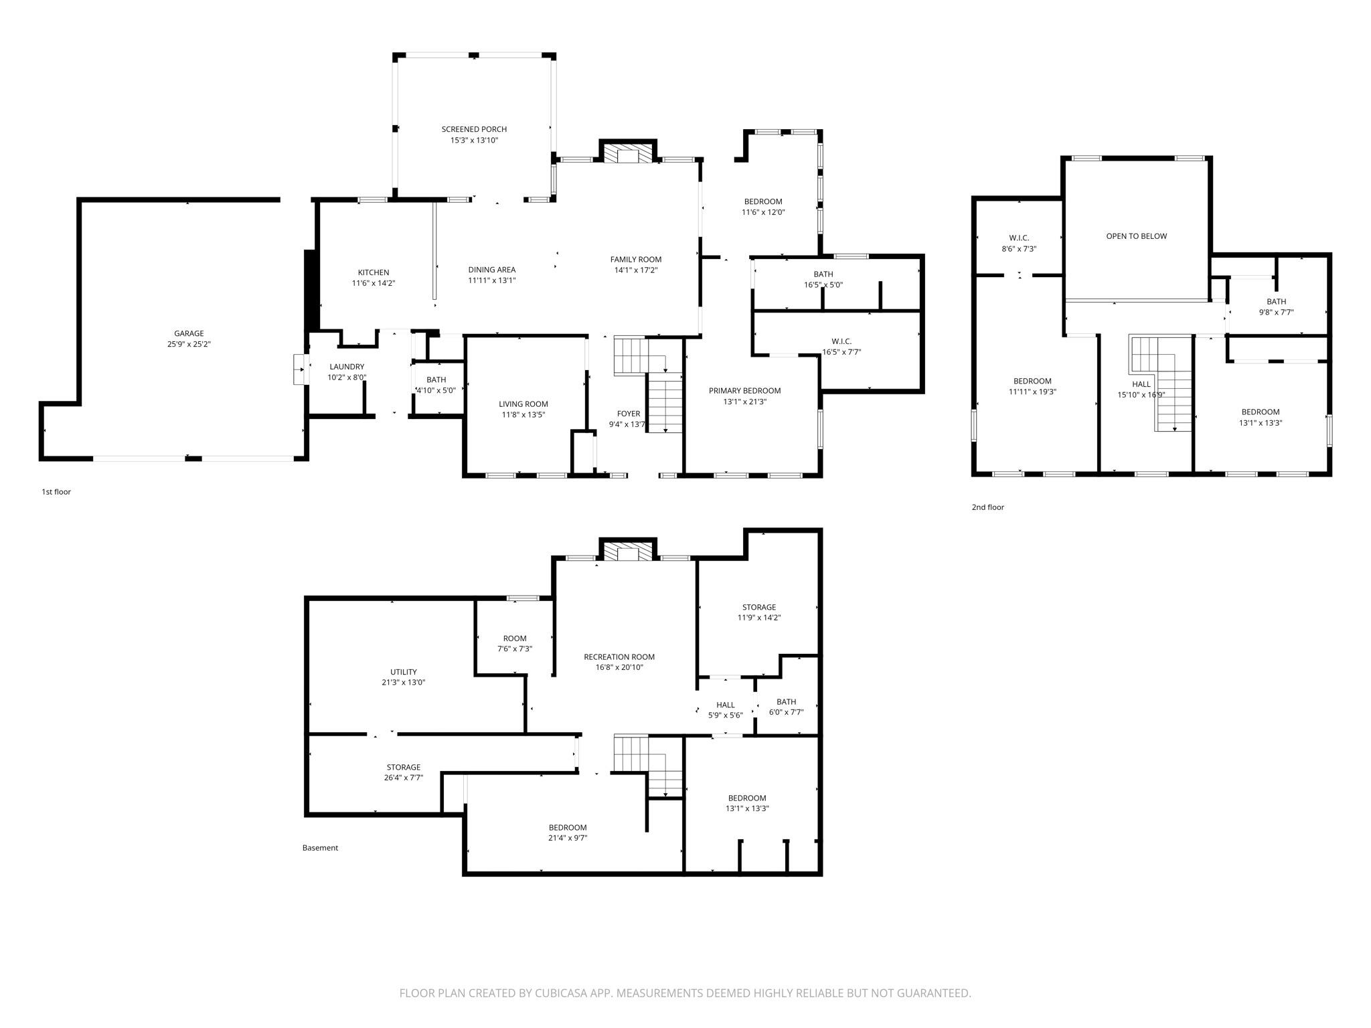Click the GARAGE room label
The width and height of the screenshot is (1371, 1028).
pyautogui.click(x=189, y=333)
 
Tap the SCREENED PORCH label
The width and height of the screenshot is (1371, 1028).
pyautogui.click(x=474, y=129)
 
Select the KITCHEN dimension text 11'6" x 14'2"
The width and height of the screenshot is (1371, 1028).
pyautogui.click(x=374, y=283)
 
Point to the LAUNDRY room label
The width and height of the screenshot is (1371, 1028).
pyautogui.click(x=347, y=367)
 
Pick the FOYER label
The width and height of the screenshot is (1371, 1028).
pyautogui.click(x=629, y=414)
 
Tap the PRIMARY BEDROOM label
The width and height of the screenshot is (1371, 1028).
pyautogui.click(x=744, y=391)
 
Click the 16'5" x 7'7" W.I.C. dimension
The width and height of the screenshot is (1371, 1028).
pyautogui.click(x=841, y=352)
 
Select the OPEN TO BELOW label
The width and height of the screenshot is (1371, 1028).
pyautogui.click(x=1136, y=236)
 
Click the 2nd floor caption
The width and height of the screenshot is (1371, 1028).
pyautogui.click(x=988, y=507)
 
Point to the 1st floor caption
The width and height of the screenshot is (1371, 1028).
pyautogui.click(x=56, y=492)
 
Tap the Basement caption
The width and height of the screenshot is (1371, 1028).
pyautogui.click(x=320, y=848)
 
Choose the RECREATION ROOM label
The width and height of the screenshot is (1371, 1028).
pyautogui.click(x=619, y=657)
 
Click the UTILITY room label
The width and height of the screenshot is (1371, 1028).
pyautogui.click(x=404, y=672)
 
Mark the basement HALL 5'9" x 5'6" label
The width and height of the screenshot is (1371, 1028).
pyautogui.click(x=726, y=710)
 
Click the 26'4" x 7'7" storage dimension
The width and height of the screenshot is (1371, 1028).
pyautogui.click(x=404, y=778)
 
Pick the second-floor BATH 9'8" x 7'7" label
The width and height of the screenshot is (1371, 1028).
pyautogui.click(x=1276, y=307)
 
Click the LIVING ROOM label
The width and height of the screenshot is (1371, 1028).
pyautogui.click(x=523, y=404)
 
